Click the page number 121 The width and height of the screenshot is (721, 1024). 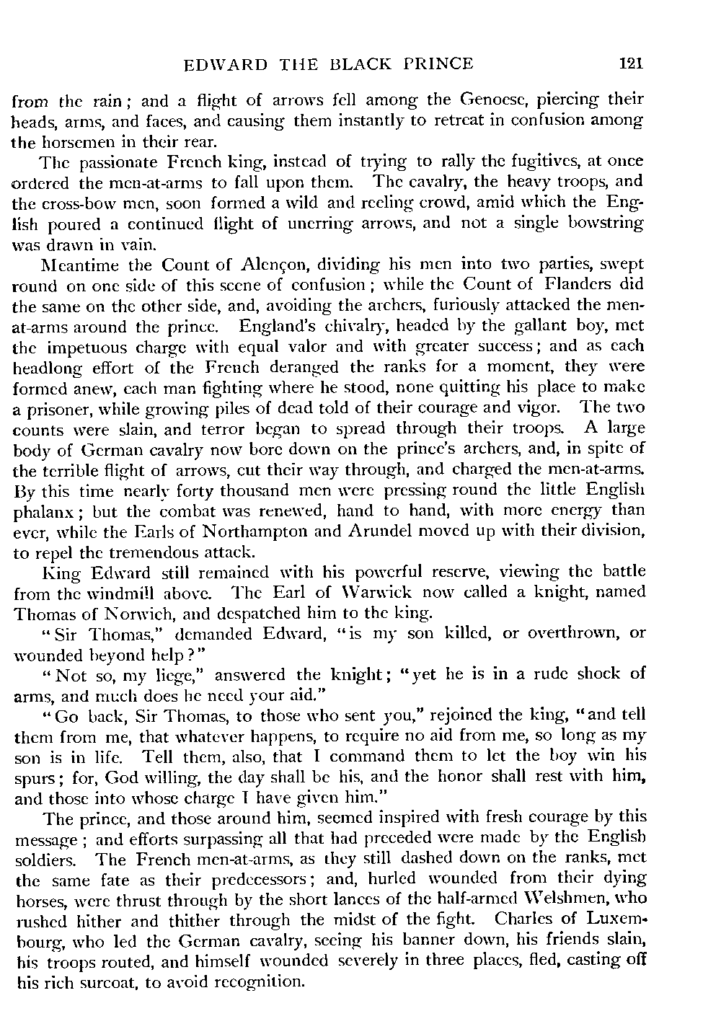pos(630,63)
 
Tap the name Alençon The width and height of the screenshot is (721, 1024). pos(267,265)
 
